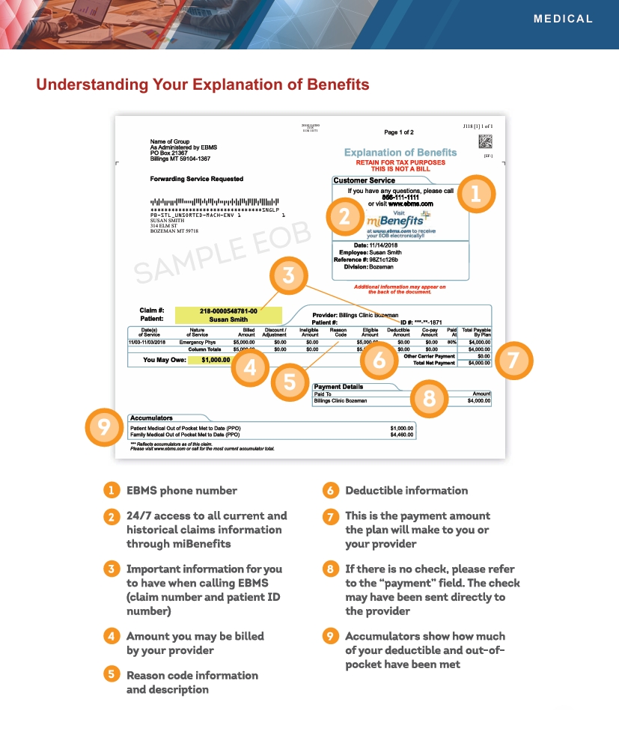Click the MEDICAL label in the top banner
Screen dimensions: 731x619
[563, 19]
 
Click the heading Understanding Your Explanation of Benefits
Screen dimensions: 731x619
[203, 85]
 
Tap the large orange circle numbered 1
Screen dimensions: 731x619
[476, 194]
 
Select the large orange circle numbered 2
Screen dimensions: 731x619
[344, 216]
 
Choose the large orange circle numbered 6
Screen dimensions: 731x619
[379, 361]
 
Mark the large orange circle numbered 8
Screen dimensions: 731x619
[429, 399]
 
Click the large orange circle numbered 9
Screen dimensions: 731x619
[105, 426]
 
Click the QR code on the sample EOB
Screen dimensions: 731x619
[485, 141]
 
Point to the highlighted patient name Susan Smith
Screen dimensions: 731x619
[228, 319]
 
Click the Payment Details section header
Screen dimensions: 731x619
[338, 387]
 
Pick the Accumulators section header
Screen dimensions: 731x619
[151, 418]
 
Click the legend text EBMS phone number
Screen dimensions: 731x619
[182, 491]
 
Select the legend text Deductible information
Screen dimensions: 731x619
[406, 491]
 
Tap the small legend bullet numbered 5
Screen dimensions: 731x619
[111, 675]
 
